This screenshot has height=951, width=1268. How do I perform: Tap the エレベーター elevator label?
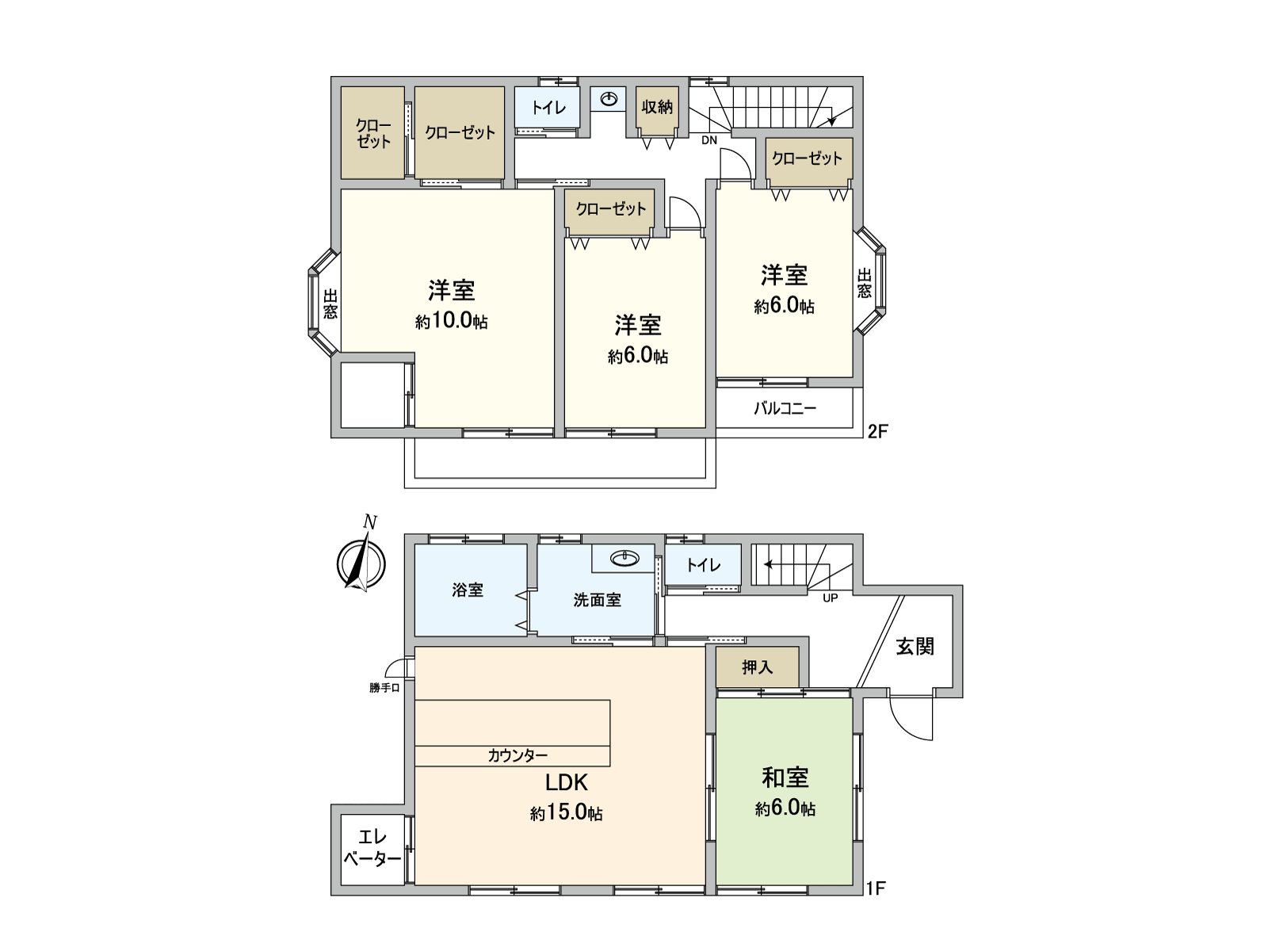point(371,847)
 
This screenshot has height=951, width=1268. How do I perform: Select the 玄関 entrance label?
point(915,647)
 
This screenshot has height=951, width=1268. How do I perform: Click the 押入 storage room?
point(758,667)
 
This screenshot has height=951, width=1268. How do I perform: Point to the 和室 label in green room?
point(785,777)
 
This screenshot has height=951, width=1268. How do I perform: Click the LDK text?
point(566,782)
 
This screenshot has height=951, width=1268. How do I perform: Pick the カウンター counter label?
point(518,756)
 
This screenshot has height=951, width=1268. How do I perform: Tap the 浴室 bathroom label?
point(468,590)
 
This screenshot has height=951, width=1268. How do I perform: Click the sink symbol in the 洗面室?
point(625,559)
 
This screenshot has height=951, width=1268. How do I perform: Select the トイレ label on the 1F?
point(703,565)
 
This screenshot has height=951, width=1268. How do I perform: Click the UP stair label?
point(830,598)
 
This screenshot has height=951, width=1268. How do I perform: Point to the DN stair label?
point(708,140)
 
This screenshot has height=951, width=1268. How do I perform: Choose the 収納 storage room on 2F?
point(657,106)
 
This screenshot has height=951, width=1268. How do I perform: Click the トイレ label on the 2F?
point(548,107)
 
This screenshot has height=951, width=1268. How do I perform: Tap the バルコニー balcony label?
point(785,409)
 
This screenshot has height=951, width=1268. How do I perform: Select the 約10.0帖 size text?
point(451,321)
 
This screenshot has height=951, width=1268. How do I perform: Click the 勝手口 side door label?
point(384,688)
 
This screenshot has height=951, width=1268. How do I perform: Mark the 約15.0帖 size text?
point(566,812)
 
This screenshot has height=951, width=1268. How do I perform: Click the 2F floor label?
point(878,432)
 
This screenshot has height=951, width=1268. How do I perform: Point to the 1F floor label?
point(874,888)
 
